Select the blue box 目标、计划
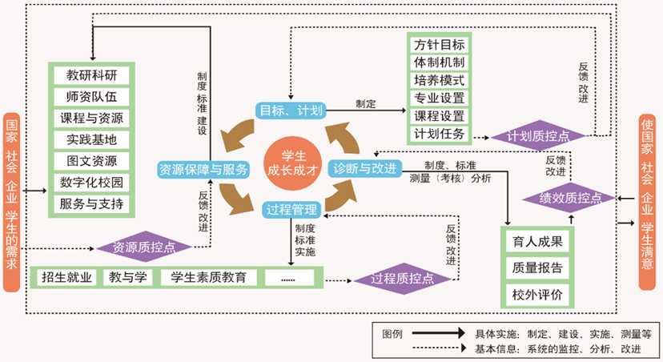click(289, 110)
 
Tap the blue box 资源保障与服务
click(203, 169)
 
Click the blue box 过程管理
click(291, 210)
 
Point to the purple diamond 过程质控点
click(403, 278)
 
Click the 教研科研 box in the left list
click(91, 75)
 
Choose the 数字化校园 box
click(91, 183)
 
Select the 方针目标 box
click(440, 44)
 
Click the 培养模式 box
click(440, 80)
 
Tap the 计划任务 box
click(440, 133)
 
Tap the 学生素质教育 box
click(208, 278)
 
